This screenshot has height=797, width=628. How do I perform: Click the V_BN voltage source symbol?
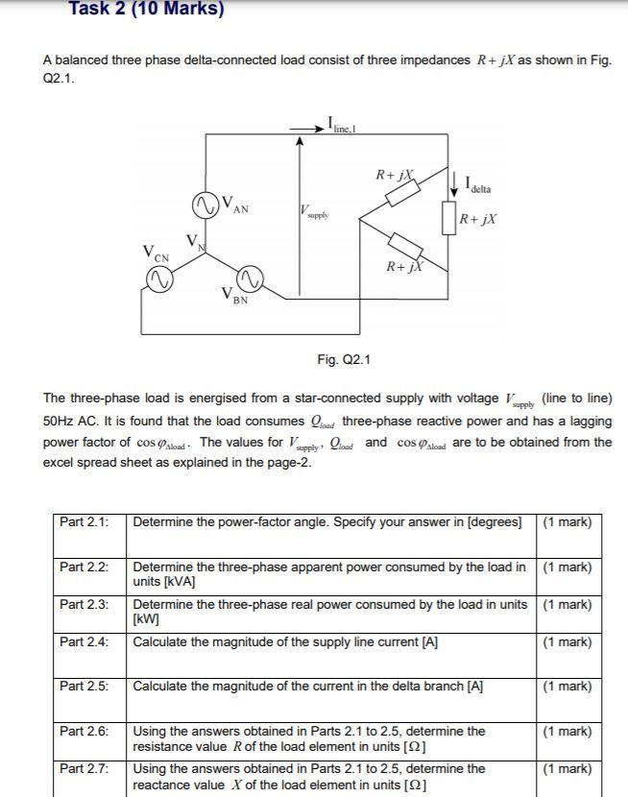point(250,279)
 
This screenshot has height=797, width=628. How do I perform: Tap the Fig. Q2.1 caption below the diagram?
point(343,360)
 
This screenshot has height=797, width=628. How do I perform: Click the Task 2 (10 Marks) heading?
point(146,10)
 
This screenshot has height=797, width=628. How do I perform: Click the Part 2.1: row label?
point(84,522)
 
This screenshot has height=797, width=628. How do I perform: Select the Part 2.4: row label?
point(84,641)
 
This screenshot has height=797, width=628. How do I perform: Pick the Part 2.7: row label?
point(84,768)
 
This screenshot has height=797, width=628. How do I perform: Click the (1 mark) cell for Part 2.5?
point(567,687)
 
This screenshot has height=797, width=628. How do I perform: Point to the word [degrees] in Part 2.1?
point(494,522)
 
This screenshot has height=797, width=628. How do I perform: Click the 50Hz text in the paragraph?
point(60,421)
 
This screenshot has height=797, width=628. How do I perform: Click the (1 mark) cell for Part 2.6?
point(567,732)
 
